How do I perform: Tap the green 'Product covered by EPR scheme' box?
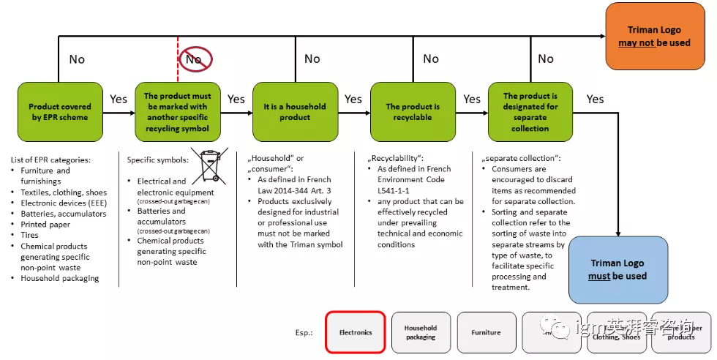pyautogui.click(x=59, y=111)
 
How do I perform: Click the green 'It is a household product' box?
pyautogui.click(x=295, y=111)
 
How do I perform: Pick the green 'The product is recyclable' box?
pyautogui.click(x=413, y=111)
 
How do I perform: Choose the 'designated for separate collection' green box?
pyautogui.click(x=530, y=111)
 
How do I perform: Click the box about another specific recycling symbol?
pyautogui.click(x=177, y=111)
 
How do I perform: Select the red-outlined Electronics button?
pyautogui.click(x=356, y=332)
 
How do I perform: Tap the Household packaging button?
pyautogui.click(x=421, y=332)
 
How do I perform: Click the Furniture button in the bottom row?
pyautogui.click(x=487, y=332)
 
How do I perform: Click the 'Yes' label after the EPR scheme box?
pyautogui.click(x=119, y=99)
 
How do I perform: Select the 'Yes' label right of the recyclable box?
pyautogui.click(x=472, y=99)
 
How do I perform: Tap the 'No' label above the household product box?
pyautogui.click(x=312, y=59)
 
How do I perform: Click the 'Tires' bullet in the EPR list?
pyautogui.click(x=31, y=235)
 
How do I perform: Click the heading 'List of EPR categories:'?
pyautogui.click(x=51, y=160)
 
